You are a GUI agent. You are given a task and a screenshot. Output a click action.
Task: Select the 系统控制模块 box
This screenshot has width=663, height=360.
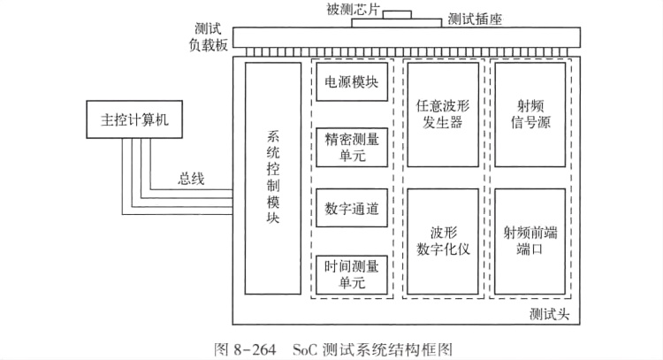tap(274, 178)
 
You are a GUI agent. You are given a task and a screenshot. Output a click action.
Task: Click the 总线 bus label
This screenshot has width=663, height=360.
tap(191, 179)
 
